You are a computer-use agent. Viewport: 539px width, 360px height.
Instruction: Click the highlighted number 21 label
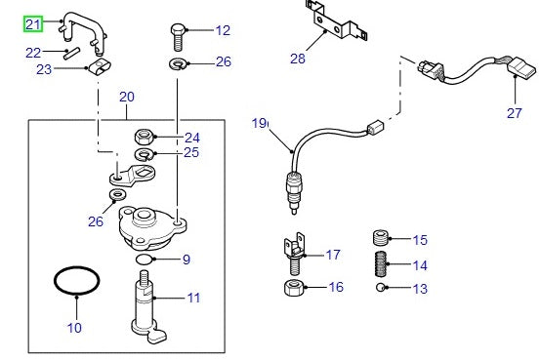33,23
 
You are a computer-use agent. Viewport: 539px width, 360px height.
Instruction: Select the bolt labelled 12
177,35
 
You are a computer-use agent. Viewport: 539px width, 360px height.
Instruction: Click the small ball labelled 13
382,289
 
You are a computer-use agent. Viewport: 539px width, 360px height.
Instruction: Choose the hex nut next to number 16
293,288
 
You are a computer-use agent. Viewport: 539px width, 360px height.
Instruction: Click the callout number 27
515,112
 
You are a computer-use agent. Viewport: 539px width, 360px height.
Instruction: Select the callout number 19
259,123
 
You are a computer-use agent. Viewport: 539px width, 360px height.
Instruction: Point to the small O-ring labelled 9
144,260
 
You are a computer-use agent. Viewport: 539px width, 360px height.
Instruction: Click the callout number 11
193,298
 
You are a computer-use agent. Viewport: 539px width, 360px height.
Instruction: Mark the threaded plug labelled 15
383,239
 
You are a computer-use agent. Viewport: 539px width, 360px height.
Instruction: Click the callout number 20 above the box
126,98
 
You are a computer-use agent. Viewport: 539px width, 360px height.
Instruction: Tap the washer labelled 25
143,153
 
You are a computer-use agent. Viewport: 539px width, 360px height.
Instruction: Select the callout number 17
333,256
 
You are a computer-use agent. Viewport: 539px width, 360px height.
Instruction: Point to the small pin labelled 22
68,53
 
